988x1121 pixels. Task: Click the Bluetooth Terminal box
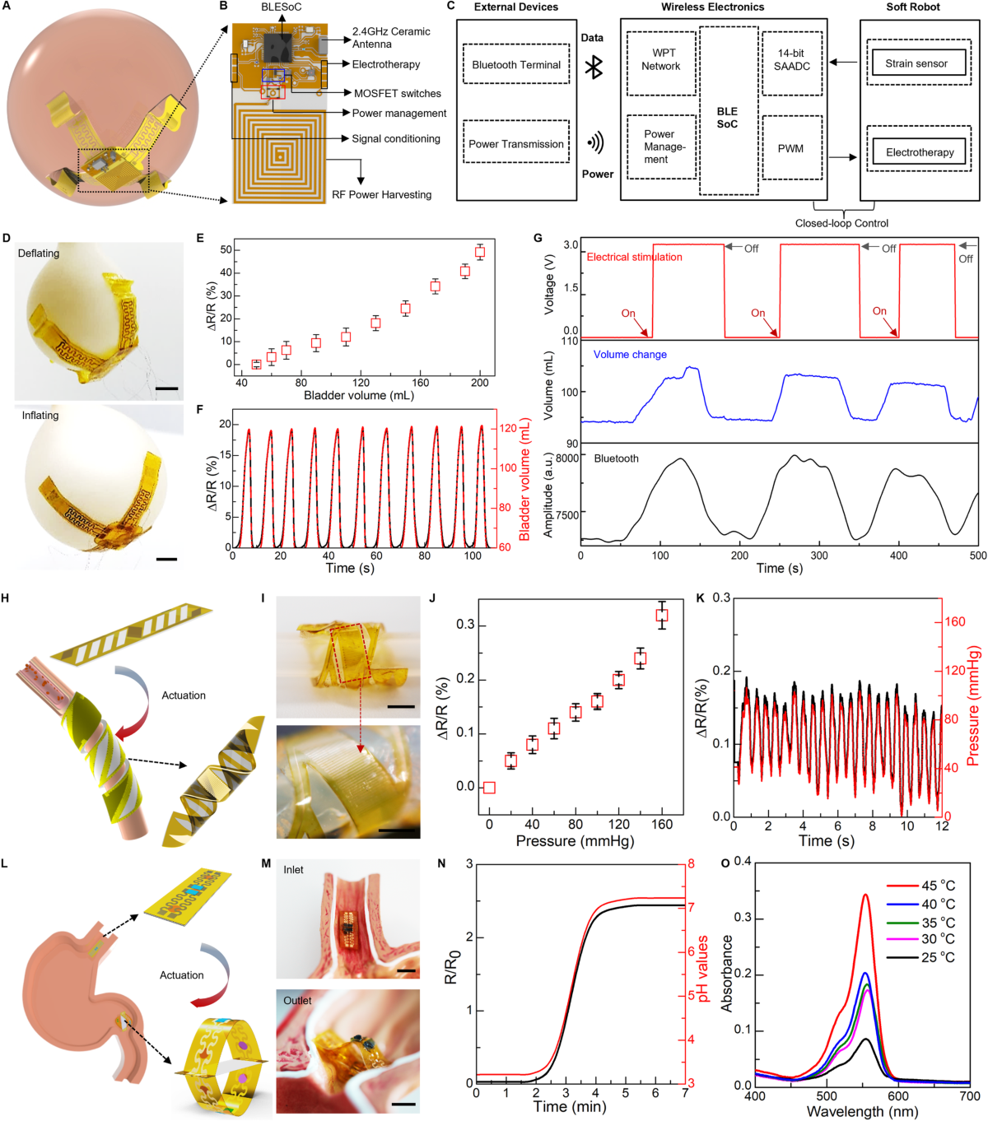point(516,64)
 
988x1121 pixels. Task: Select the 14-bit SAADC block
point(791,60)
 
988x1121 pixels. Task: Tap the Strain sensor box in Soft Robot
point(916,63)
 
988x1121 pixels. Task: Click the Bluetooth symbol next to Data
point(594,67)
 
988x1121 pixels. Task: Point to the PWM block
point(790,149)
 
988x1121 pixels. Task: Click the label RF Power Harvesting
point(381,195)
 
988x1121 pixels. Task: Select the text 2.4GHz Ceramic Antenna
point(391,38)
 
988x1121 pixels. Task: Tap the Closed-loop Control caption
point(841,223)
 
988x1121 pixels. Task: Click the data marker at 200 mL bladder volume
point(479,253)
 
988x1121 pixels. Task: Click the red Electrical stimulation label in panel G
point(634,258)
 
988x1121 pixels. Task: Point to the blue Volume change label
point(630,355)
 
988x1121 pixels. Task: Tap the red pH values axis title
point(702,969)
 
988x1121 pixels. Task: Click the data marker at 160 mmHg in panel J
point(662,615)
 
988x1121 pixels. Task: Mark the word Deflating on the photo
point(39,254)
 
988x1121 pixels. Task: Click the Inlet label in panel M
point(293,870)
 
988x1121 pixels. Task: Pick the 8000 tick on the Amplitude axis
point(567,458)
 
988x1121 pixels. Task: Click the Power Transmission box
point(516,144)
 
